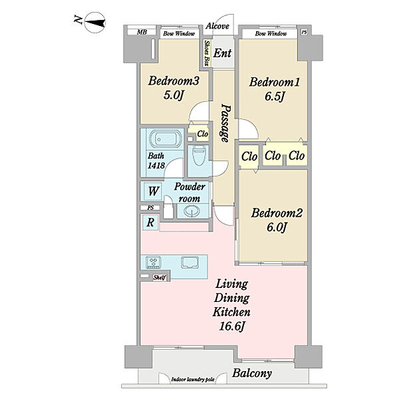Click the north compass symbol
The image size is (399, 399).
coord(95,23)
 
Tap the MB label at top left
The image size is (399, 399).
coord(142,32)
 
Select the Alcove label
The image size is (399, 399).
coord(217,26)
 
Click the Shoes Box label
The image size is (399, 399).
coord(207,53)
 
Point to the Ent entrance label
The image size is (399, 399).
coord(222,53)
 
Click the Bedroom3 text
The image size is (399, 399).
coord(174,81)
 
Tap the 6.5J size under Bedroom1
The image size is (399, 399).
coord(274,96)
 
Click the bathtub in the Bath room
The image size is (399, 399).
coord(163,139)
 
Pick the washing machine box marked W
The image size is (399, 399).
coord(153,191)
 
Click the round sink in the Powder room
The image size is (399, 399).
coord(191,211)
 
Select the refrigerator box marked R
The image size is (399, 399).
coord(150,223)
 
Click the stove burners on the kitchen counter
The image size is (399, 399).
coord(154,262)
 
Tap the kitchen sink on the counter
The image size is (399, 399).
coord(190,263)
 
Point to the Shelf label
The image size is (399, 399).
coord(160,277)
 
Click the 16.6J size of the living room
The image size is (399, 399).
coord(231,326)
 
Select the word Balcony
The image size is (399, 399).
coord(252,373)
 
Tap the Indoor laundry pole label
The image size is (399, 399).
coord(193,380)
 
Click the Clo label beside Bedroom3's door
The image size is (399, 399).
coord(203,134)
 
